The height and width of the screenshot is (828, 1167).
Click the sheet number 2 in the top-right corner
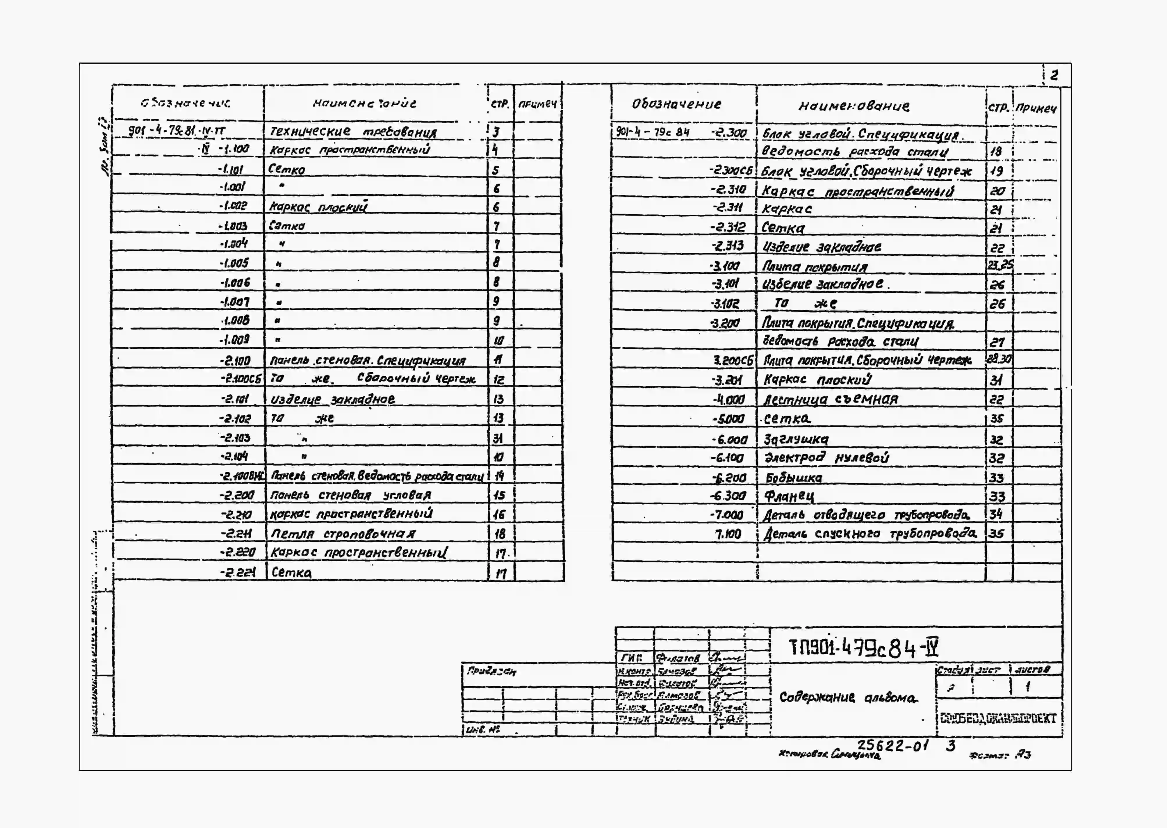pyautogui.click(x=1054, y=75)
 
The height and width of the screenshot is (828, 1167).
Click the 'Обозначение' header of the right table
pyautogui.click(x=676, y=104)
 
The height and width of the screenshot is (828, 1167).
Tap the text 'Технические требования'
pyautogui.click(x=353, y=131)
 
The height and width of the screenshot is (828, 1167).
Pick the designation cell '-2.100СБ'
pyautogui.click(x=240, y=379)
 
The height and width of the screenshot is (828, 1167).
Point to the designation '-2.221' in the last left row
pyautogui.click(x=238, y=572)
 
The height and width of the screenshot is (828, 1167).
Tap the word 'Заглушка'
pyautogui.click(x=796, y=439)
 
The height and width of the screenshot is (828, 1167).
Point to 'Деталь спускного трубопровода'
pyautogui.click(x=869, y=534)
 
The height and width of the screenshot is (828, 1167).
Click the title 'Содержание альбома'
pyautogui.click(x=847, y=697)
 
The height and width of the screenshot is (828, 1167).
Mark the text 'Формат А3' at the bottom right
pyautogui.click(x=999, y=755)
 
